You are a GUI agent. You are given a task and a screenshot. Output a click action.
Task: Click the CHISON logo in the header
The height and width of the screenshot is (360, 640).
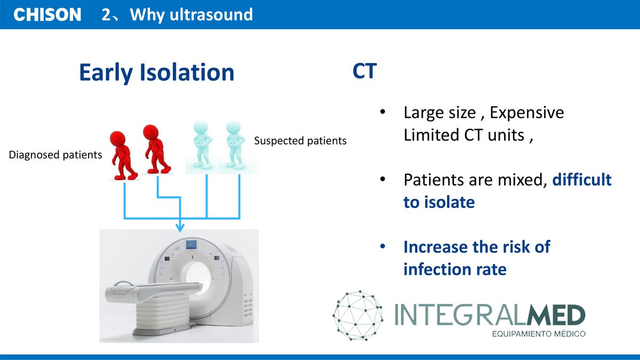pos(47,15)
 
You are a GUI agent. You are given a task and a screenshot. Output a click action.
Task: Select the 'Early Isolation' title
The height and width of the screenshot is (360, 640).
pos(156,73)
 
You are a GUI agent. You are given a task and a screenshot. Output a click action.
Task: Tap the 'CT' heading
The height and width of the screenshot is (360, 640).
pos(364,72)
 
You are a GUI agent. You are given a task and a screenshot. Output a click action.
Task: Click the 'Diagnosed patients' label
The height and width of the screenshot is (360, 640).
pos(55,155)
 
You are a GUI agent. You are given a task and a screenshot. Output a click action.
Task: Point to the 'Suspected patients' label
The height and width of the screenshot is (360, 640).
pos(300,141)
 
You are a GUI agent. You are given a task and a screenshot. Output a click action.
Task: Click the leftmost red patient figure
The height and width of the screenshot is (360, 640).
pos(124,155)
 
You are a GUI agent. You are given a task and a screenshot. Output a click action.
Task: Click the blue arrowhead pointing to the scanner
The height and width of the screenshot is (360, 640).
pos(180,228)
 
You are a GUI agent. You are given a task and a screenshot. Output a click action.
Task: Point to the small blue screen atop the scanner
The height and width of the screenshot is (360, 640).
pos(191,245)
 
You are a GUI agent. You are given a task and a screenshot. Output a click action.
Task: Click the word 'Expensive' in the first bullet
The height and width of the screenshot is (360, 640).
pos(526,113)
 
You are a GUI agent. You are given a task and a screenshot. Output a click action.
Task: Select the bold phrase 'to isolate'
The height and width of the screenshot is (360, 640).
pos(439,203)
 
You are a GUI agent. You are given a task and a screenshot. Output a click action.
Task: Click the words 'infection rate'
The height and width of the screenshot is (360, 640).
pos(454,269)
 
